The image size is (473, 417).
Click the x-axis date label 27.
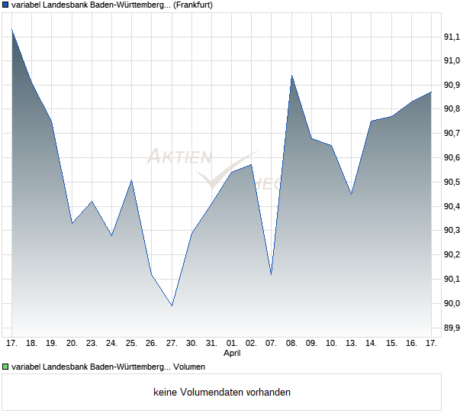pyautogui.click(x=172, y=344)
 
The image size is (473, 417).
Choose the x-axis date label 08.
pyautogui.click(x=291, y=344)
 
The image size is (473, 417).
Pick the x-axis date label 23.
pyautogui.click(x=92, y=344)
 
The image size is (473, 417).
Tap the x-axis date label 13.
pyautogui.click(x=351, y=344)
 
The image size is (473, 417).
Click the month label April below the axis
pyautogui.click(x=232, y=354)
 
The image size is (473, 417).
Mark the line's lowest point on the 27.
pyautogui.click(x=172, y=305)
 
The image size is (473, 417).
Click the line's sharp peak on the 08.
pyautogui.click(x=291, y=75)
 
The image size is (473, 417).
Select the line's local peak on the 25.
pyautogui.click(x=132, y=180)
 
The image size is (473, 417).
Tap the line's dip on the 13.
pyautogui.click(x=351, y=194)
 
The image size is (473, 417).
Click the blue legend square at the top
pyautogui.click(x=5, y=5)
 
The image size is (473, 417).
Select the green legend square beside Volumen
pyautogui.click(x=5, y=367)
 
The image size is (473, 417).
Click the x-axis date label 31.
pyautogui.click(x=211, y=344)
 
